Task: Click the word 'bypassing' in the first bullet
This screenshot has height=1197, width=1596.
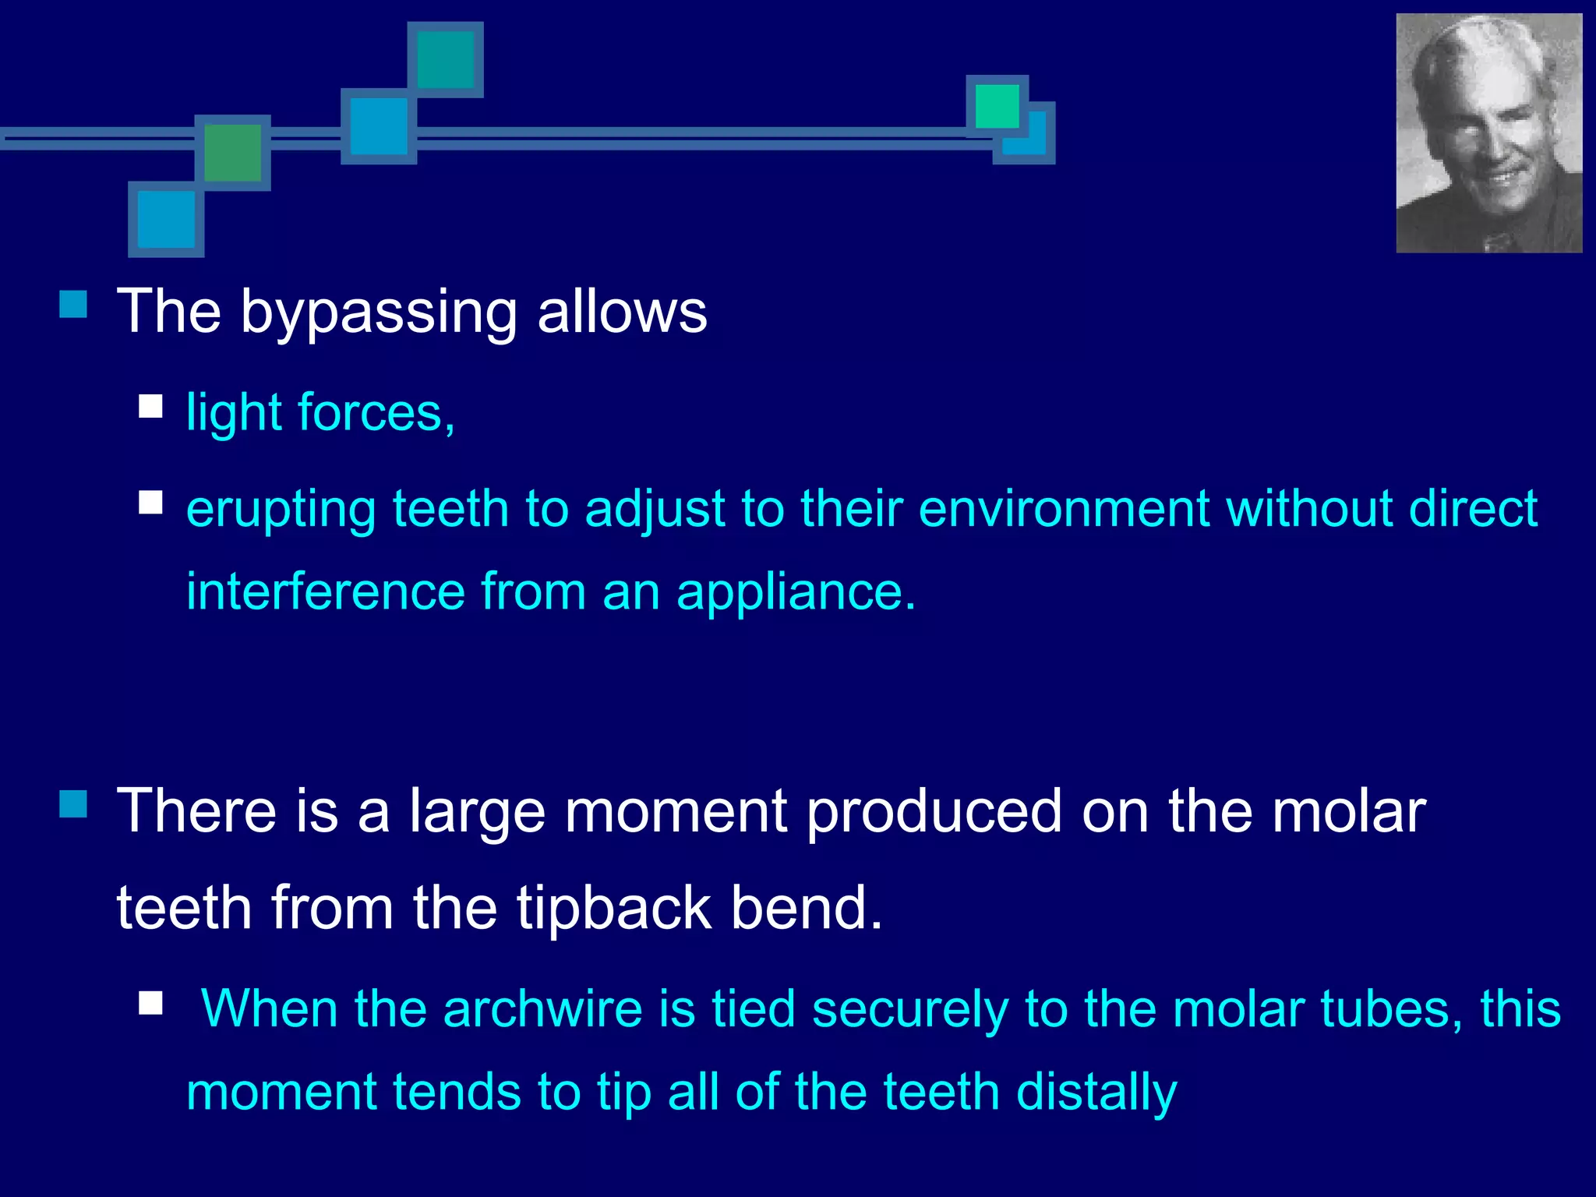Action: [379, 313]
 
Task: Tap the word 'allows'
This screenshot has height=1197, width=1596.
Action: [622, 312]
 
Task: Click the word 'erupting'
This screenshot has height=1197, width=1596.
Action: [281, 510]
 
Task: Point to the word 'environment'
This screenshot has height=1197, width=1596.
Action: [1064, 509]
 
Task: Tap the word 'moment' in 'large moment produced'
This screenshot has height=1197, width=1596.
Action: [676, 811]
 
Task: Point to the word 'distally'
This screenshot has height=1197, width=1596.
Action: [1096, 1092]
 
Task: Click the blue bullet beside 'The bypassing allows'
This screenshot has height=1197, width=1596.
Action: [73, 304]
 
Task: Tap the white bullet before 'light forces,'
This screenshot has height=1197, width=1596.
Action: [150, 406]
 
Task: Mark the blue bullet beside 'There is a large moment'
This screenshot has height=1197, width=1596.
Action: [73, 803]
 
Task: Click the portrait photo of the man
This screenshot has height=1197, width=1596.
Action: [1488, 133]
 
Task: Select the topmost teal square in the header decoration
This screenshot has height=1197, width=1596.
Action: [446, 60]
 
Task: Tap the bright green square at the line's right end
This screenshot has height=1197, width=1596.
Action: [997, 106]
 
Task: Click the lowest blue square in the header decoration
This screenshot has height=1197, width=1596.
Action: [166, 220]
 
